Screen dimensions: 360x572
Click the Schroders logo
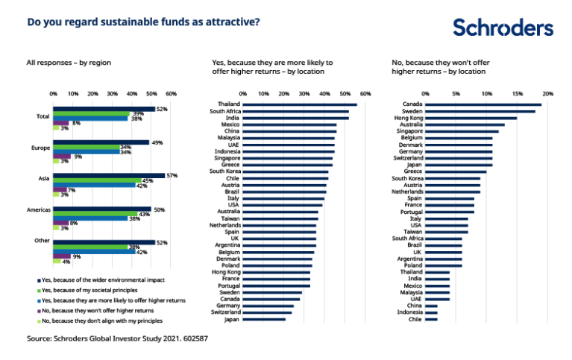point(503,28)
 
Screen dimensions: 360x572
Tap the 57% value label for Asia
point(172,175)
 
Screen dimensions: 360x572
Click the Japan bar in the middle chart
point(265,319)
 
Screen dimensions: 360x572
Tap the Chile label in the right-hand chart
point(415,319)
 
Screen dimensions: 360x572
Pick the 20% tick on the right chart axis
point(547,94)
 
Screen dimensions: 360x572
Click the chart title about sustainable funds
point(143,22)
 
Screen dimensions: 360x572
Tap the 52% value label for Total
point(161,109)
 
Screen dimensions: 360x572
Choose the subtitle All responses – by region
point(68,63)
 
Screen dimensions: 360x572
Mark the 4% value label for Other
point(66,262)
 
